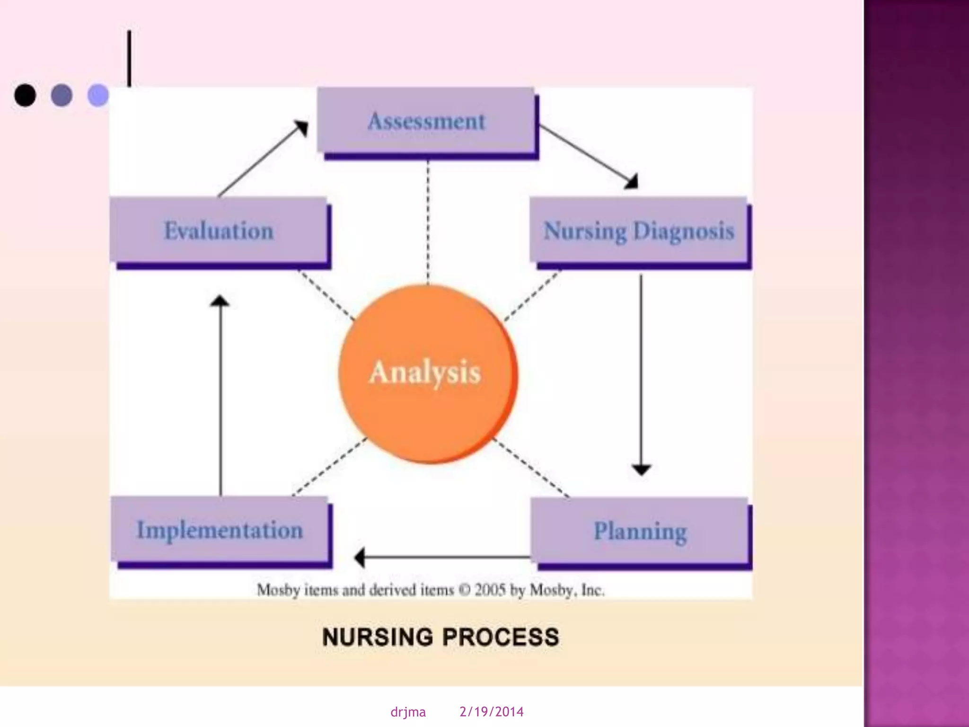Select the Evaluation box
(x=219, y=231)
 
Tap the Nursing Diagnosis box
(x=638, y=231)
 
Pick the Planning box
(x=640, y=531)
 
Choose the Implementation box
(x=220, y=530)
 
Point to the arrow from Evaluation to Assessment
(x=263, y=159)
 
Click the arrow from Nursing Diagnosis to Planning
(x=641, y=374)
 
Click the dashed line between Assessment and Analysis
(x=428, y=222)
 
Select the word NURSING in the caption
(x=377, y=637)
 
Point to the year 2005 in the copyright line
(x=490, y=590)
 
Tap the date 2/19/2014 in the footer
(x=491, y=712)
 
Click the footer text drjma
(x=408, y=712)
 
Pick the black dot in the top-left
(x=25, y=95)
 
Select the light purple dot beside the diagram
(x=98, y=95)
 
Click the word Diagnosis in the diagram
(x=684, y=231)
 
